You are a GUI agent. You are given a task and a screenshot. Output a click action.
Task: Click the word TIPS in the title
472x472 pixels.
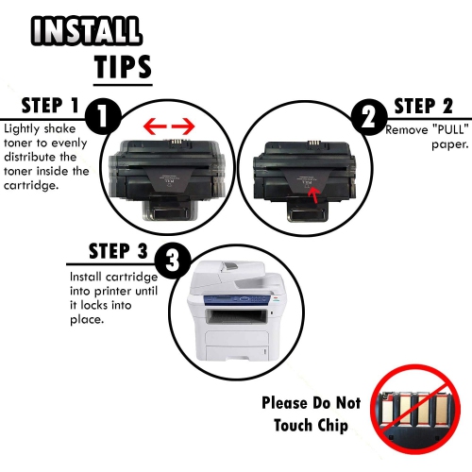(123, 67)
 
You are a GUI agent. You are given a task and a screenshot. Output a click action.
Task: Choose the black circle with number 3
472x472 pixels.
(173, 263)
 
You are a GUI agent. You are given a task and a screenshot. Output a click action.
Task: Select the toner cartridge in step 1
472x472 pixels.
(166, 175)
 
